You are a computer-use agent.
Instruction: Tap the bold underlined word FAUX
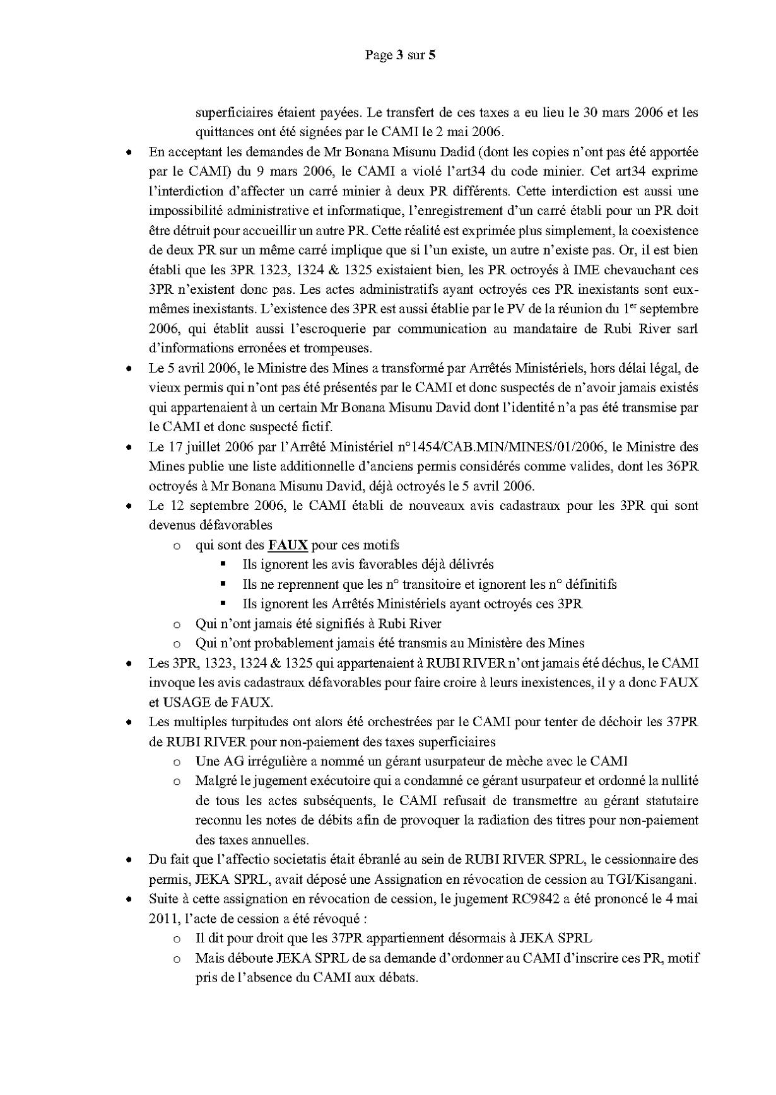click(x=288, y=545)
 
